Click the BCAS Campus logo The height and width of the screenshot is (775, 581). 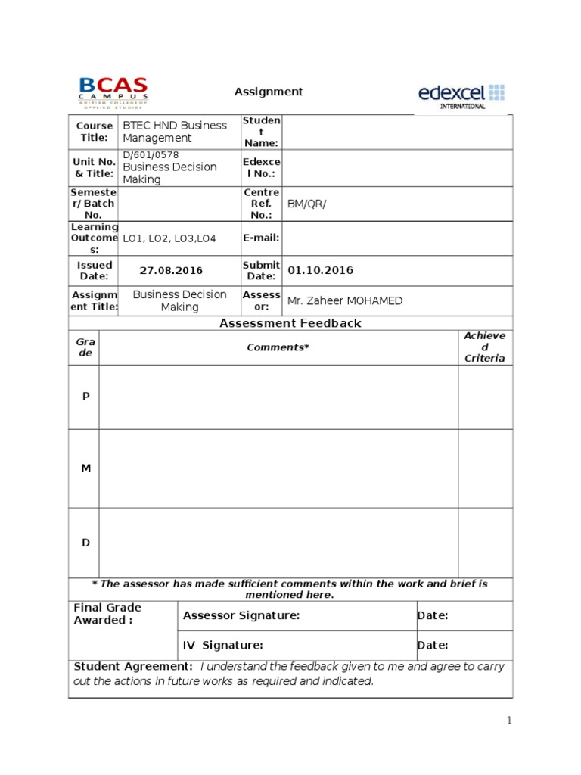113,93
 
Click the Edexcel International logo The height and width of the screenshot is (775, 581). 461,95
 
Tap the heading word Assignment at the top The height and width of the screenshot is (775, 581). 269,92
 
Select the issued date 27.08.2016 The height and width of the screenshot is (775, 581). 171,271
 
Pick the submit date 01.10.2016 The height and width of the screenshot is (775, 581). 321,270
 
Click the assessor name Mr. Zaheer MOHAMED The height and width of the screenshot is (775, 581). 344,300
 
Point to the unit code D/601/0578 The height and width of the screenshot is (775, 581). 151,155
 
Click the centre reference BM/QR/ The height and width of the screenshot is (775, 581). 306,204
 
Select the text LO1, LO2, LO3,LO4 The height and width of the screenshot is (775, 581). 169,238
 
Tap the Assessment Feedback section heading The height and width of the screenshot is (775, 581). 290,323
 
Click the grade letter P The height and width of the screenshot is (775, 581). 85,397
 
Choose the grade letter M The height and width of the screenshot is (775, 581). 85,468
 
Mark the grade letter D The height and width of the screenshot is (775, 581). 85,543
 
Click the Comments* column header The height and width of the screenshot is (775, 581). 278,347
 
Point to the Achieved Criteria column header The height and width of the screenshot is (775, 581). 484,347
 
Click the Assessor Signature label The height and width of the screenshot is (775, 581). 241,616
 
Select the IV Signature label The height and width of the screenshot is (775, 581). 222,646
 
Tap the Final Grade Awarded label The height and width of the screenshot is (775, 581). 107,614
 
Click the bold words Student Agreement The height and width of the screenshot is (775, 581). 133,666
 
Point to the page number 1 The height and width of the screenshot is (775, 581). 509,721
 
